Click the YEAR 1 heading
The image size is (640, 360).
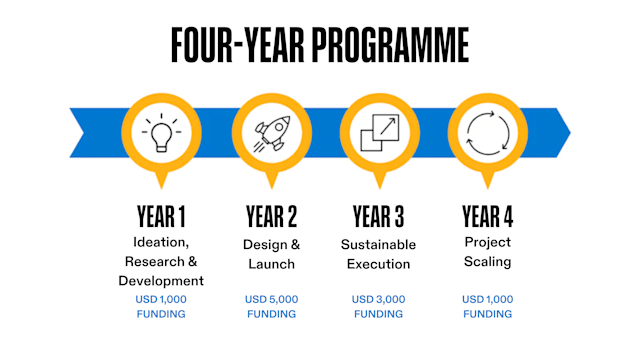(161, 217)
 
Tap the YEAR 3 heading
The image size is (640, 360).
(378, 217)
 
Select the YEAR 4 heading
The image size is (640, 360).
(487, 217)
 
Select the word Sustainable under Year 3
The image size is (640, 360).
(378, 244)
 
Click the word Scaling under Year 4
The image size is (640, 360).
(487, 262)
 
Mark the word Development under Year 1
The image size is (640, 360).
(161, 281)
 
